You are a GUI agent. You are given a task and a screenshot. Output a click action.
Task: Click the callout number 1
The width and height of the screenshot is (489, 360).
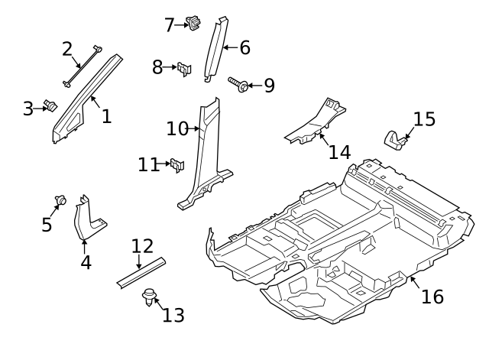106,116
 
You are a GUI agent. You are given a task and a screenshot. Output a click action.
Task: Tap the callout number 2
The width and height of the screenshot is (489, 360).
67,50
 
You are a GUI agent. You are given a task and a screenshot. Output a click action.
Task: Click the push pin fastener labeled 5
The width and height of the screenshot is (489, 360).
59,201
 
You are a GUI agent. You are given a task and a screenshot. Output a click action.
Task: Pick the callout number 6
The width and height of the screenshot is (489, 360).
244,48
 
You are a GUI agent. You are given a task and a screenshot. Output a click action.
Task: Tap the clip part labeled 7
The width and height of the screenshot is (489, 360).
193,24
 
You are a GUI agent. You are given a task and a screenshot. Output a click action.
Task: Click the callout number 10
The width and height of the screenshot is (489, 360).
177,128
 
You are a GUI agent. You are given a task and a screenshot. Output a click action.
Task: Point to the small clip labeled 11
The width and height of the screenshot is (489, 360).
177,164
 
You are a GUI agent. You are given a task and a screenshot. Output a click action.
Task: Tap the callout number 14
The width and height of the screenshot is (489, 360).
339,151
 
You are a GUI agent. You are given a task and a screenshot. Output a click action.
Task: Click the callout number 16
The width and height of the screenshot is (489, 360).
432,297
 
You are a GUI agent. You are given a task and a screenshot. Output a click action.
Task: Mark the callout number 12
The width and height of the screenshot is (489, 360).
142,246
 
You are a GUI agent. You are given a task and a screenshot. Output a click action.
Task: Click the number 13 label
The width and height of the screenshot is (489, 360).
173,315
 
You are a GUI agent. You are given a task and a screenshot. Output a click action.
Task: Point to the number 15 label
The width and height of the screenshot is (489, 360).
424,119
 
